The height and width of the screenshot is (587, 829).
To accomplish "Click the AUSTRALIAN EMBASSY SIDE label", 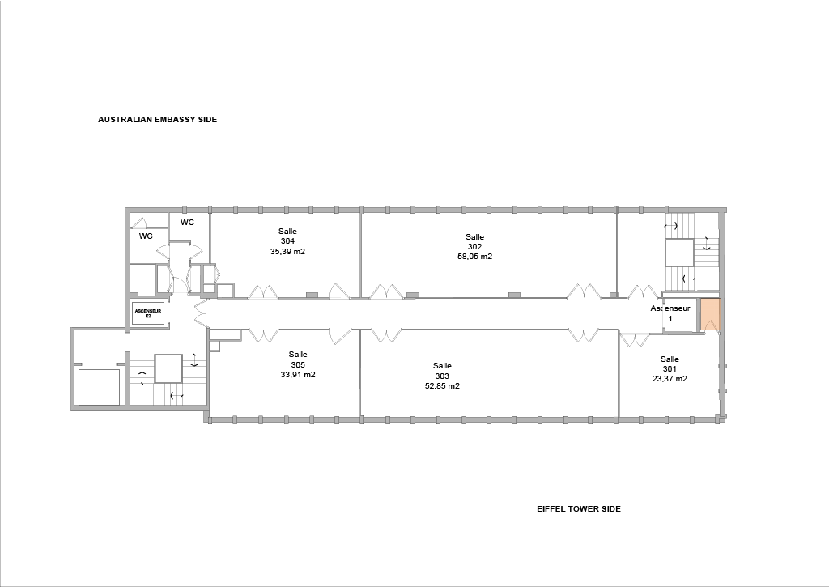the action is (x=158, y=120).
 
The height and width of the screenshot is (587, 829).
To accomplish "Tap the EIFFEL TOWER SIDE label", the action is (x=579, y=508).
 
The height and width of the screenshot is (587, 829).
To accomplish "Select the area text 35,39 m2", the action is (x=287, y=252).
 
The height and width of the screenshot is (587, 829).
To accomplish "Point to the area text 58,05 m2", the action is (x=474, y=257).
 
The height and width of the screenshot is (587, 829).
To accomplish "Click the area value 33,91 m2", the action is (x=298, y=375).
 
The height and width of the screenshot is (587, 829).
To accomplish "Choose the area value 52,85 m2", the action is (x=442, y=386).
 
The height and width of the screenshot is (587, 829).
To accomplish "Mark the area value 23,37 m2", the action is (x=670, y=379).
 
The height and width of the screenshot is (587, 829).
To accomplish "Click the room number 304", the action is (x=287, y=241).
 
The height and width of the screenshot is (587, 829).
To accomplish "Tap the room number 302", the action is (x=474, y=246).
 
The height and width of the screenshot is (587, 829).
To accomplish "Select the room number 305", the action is (x=298, y=365).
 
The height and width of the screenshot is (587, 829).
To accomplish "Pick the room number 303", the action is (x=442, y=376).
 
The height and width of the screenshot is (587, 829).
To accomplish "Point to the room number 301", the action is (x=670, y=368).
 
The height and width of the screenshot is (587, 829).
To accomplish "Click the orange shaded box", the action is (x=710, y=315).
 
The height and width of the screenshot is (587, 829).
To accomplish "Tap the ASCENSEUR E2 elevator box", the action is (x=148, y=313).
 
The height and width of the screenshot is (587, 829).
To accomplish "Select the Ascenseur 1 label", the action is (x=670, y=313).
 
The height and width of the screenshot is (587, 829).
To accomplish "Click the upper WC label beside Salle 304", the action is (x=187, y=223).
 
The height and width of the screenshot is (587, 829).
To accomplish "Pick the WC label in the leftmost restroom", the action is (x=146, y=236).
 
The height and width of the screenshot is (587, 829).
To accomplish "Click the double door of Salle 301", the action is (x=635, y=339).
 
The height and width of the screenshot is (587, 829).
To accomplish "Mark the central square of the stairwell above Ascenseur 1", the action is (x=679, y=253).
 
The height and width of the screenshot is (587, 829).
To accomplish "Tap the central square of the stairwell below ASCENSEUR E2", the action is (x=168, y=368).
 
